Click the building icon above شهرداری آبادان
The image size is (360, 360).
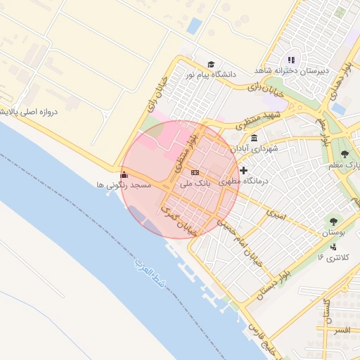[x=253, y=138]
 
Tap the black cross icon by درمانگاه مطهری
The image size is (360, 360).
[x=243, y=170]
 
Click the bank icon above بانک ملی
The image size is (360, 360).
[x=195, y=172]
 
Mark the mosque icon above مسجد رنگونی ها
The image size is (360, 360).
[x=124, y=174]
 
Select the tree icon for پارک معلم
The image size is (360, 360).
[x=345, y=154]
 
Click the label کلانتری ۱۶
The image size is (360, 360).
[x=333, y=257]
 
